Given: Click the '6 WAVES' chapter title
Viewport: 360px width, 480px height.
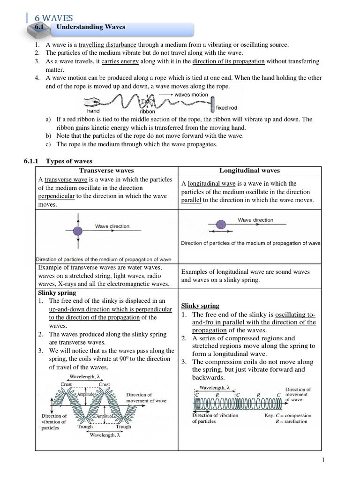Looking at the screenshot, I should point(54,18).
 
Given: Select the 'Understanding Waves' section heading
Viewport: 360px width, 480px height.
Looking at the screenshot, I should point(91,27).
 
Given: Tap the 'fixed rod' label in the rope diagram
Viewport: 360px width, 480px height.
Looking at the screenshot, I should point(226,108).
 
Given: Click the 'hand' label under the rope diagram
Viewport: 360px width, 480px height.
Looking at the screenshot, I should point(93,111).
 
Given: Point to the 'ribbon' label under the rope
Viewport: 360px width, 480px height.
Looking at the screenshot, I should point(147,112).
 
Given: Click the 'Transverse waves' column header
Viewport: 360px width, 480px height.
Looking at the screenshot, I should point(106,171).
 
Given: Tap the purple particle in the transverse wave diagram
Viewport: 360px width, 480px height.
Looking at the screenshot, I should point(78,230).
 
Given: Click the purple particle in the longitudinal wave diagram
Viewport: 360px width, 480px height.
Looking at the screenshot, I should point(220,225).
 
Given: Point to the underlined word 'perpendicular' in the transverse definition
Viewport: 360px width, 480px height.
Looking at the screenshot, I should point(56,196).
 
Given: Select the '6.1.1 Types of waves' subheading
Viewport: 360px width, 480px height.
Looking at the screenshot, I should point(59,161).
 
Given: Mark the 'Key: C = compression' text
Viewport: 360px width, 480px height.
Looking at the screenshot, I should point(288,415).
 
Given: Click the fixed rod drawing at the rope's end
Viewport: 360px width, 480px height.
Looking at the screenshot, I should point(212,103).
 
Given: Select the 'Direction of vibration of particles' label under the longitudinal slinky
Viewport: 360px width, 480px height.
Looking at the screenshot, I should point(215,418).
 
